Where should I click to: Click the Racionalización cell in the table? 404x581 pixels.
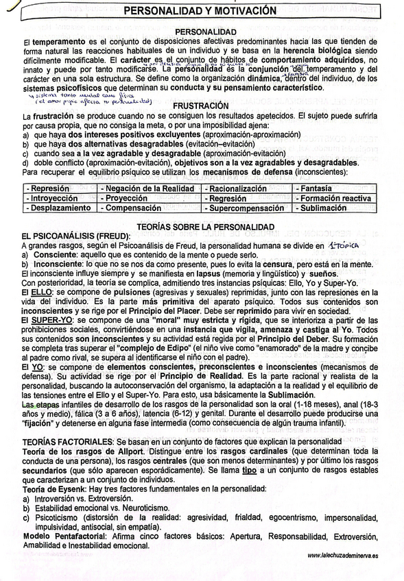click(x=238, y=188)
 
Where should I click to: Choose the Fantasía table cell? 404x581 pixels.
click(x=316, y=188)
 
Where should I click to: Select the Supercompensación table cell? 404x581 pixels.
click(x=246, y=207)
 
